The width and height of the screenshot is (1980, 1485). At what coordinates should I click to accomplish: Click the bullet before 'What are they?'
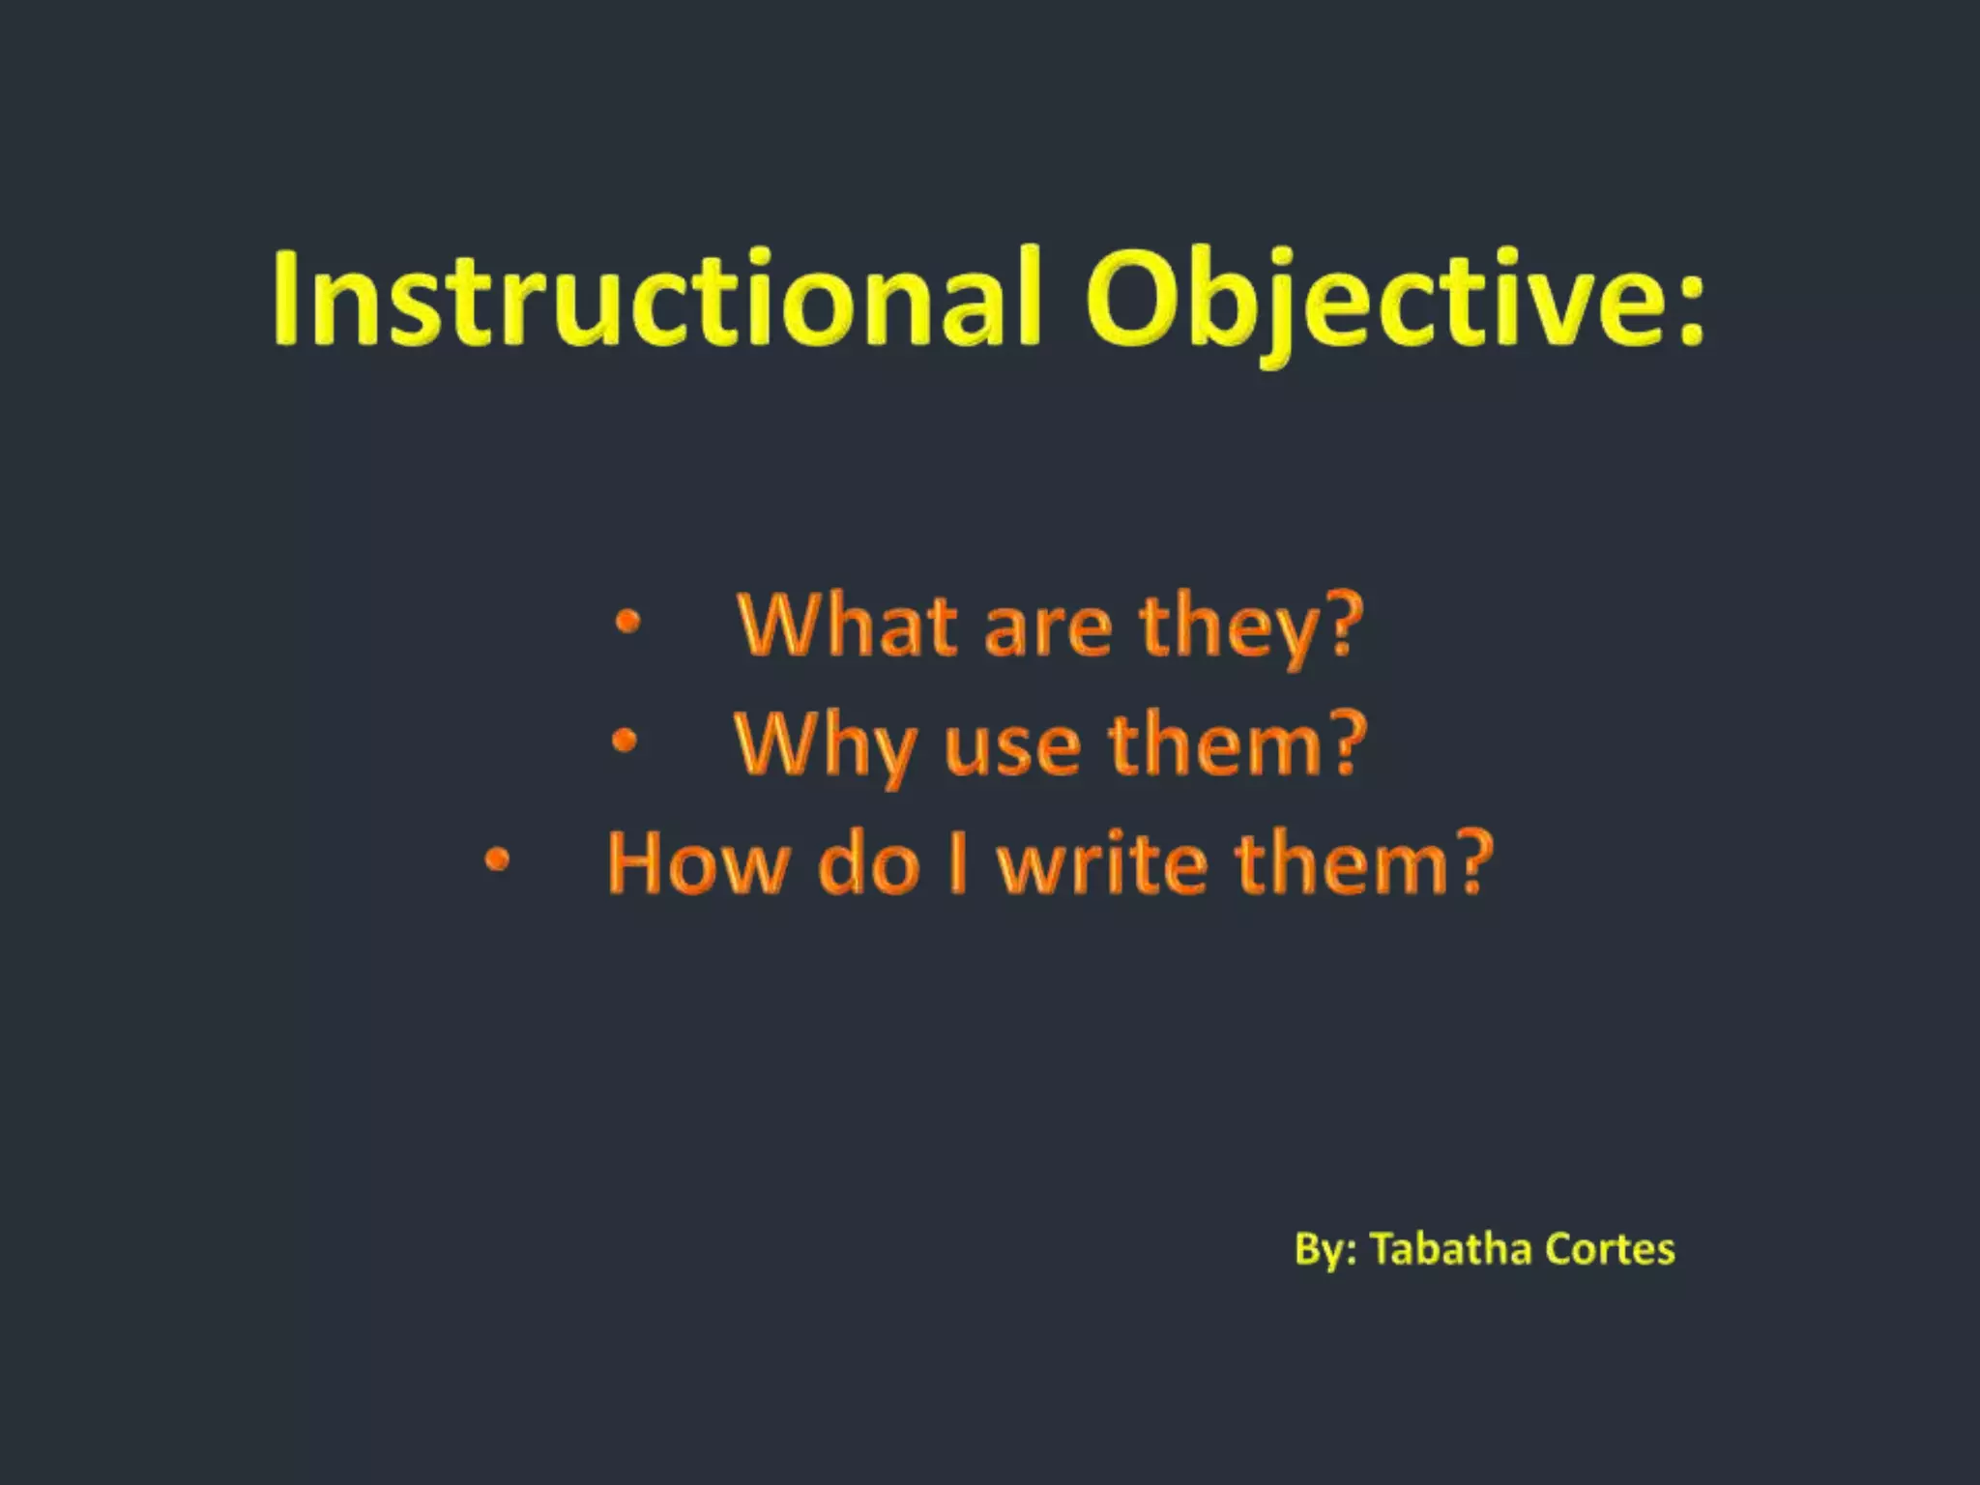[627, 624]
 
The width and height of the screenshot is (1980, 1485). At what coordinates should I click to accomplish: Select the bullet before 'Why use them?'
[625, 742]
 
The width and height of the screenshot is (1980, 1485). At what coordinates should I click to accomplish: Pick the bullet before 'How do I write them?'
[496, 859]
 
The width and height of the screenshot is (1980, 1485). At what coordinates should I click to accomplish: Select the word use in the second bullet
[1011, 749]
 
